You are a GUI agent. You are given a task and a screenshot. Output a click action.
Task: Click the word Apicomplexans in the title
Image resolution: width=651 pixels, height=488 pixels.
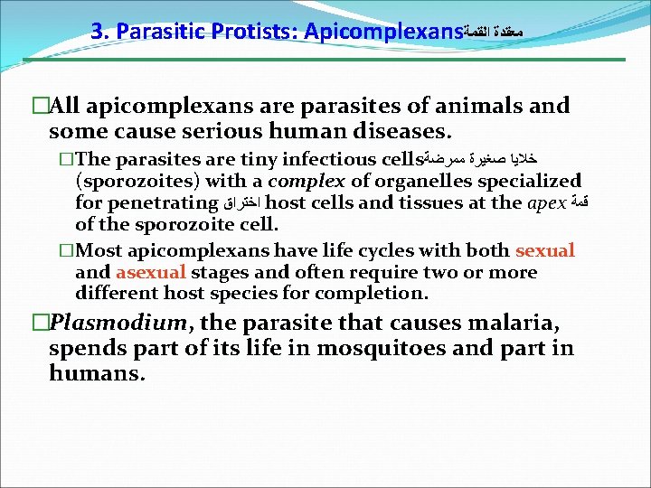383,33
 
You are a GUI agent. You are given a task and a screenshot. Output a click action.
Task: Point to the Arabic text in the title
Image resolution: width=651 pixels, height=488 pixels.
494,33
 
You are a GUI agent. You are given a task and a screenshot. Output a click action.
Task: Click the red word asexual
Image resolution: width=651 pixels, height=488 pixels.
150,272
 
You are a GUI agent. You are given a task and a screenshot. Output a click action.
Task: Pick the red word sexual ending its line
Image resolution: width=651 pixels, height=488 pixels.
545,251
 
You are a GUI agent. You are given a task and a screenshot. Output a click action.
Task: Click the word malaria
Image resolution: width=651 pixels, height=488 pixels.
501,323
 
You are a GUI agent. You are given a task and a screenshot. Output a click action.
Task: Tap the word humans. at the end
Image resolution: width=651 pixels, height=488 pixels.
97,373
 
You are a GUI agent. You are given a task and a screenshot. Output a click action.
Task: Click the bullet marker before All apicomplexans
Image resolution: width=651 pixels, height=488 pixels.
39,107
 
